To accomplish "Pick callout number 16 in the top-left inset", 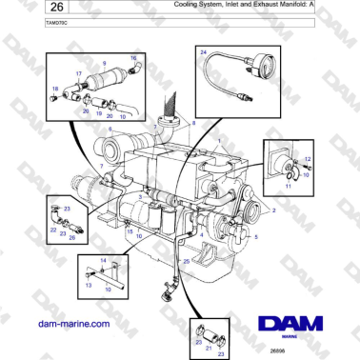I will click(x=133, y=58).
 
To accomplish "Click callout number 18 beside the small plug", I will click(x=54, y=89).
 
